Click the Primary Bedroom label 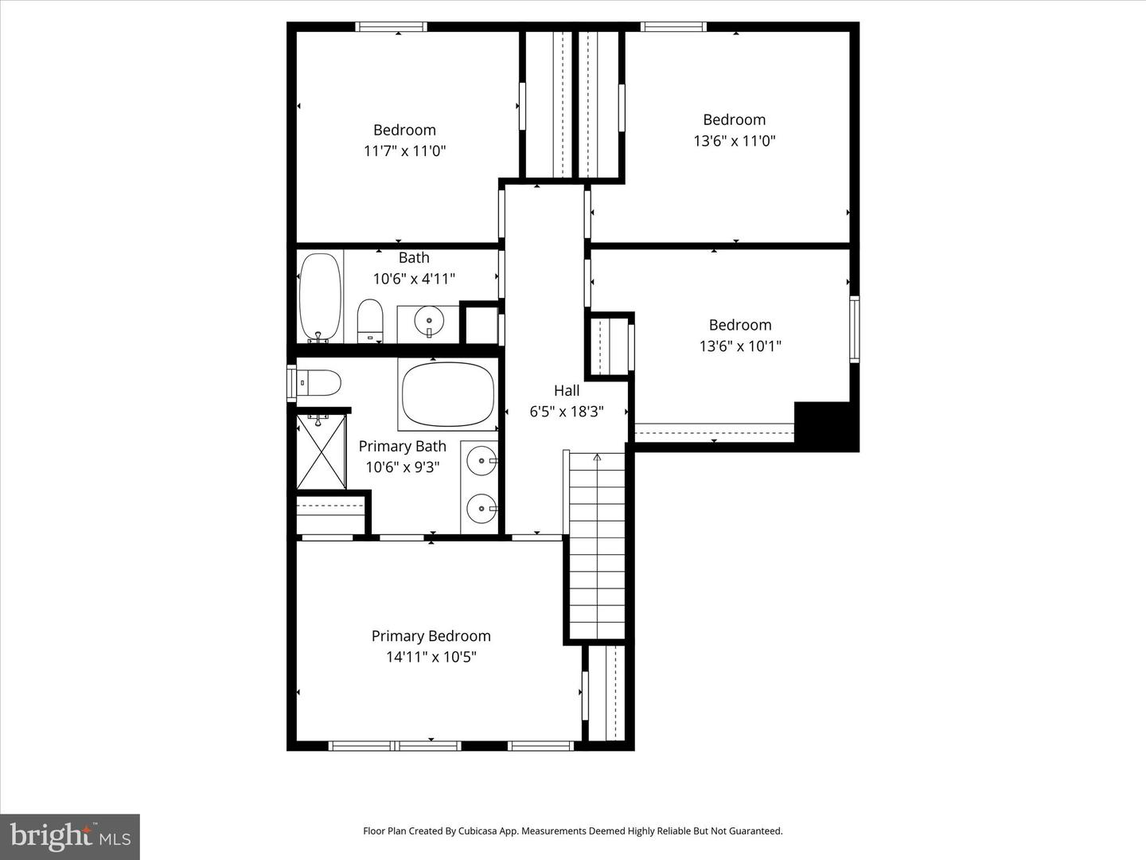(x=431, y=635)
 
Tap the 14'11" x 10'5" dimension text (x=431, y=657)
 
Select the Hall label (x=567, y=390)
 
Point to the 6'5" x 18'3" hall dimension (x=567, y=412)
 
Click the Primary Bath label (x=402, y=446)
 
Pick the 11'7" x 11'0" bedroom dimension (x=404, y=150)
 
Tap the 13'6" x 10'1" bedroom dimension (x=740, y=346)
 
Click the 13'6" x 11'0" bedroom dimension (x=734, y=140)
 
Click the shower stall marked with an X (x=321, y=451)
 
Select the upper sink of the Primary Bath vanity (x=481, y=459)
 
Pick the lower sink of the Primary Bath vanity (x=481, y=506)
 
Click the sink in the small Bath (x=428, y=322)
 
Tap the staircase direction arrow (x=597, y=457)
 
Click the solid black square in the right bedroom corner (x=824, y=426)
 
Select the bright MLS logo (x=70, y=836)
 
